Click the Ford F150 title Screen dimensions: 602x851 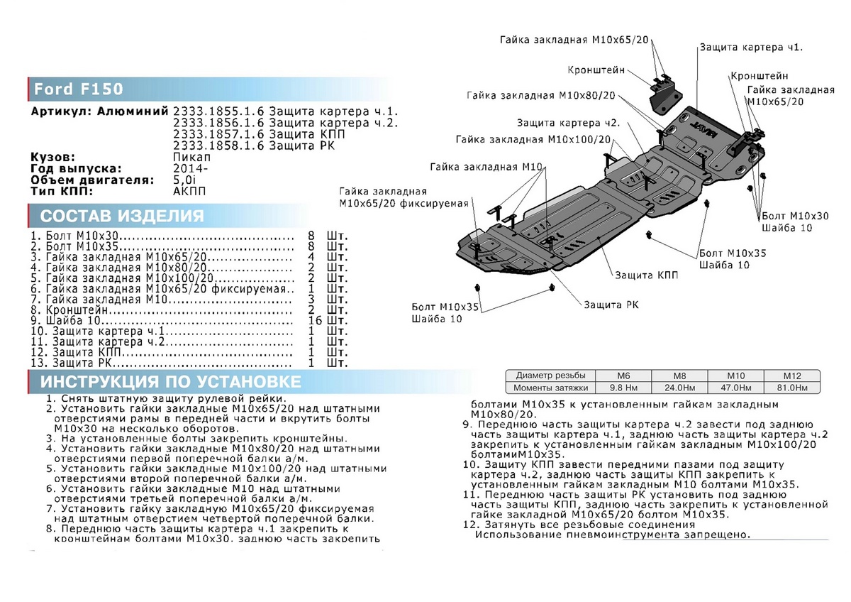[79, 89]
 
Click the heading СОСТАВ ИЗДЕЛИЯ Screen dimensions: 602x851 [121, 216]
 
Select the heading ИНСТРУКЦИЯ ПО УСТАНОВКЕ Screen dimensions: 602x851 [170, 382]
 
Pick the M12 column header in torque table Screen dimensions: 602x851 [791, 375]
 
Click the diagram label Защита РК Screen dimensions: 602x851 [611, 305]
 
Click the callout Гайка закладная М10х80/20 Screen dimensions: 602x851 [541, 95]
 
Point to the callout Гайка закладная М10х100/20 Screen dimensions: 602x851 [544, 140]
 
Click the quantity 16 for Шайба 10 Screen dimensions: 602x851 [316, 320]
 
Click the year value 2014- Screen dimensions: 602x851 [191, 168]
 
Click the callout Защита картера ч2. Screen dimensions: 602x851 [568, 122]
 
